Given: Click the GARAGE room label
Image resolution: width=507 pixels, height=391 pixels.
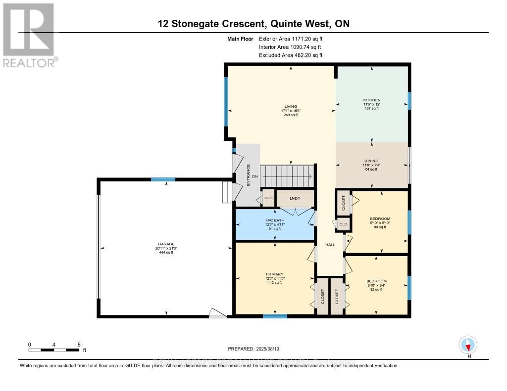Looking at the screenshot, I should click(x=166, y=243).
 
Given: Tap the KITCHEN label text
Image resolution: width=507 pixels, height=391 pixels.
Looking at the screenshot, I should click(x=371, y=100).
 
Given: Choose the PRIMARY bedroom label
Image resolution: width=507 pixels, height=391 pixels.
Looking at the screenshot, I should click(x=274, y=274).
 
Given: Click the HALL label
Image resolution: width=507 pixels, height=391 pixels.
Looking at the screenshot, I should click(x=330, y=245).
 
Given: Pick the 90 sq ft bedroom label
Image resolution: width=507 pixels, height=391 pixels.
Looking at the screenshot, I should click(x=380, y=218).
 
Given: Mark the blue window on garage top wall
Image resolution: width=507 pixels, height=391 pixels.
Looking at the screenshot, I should click(x=163, y=179).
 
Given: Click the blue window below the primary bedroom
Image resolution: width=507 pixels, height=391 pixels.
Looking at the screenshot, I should click(x=275, y=316).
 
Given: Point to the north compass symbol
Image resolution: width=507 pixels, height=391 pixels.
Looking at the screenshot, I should click(x=468, y=345).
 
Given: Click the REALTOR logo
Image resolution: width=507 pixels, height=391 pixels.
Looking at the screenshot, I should click(x=29, y=35).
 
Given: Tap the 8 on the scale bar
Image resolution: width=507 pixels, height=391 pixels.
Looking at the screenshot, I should click(x=79, y=344).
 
